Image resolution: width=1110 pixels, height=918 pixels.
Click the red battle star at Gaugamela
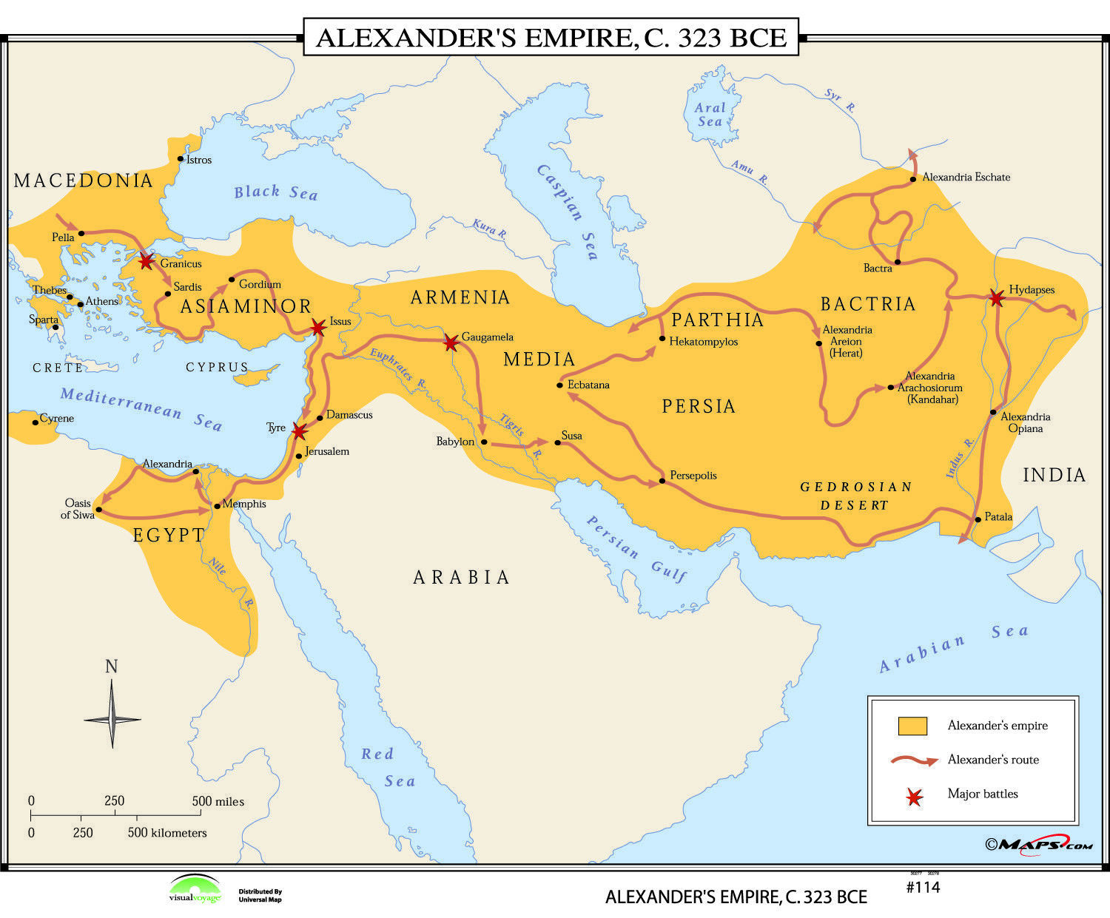451,342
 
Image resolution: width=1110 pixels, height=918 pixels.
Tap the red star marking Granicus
147,260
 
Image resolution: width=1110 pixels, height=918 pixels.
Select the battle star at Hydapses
997,298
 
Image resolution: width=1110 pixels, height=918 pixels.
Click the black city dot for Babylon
484,442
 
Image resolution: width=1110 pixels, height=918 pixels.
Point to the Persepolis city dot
662,482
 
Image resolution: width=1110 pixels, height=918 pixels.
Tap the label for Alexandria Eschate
966,178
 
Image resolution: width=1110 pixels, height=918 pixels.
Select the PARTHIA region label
717,320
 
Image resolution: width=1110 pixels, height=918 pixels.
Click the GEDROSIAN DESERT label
855,496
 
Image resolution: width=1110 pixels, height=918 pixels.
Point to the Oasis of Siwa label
78,509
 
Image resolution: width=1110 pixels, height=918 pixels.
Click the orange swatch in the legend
912,726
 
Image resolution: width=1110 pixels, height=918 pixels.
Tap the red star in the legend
915,797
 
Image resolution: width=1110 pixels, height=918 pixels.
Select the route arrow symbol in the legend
915,760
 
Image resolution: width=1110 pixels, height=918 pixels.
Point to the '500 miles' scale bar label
218,801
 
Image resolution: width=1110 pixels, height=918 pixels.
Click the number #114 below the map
923,887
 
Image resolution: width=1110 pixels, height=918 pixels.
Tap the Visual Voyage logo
195,889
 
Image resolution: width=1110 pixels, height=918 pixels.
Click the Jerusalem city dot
298,456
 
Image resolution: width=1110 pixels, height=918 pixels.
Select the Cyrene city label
57,419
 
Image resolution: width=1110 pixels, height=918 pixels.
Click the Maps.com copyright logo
1038,845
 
